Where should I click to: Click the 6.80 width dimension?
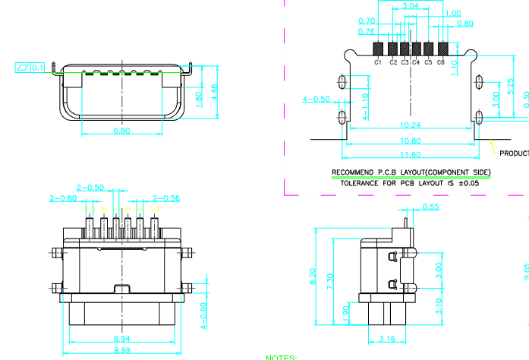click(x=121, y=131)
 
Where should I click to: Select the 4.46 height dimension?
click(x=214, y=93)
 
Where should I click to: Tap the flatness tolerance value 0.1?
click(x=38, y=68)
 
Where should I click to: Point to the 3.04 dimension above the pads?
click(x=410, y=6)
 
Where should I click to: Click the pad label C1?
click(x=377, y=62)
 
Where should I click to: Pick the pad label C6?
click(x=440, y=62)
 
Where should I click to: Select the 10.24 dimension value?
click(x=410, y=125)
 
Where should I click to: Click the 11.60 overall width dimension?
click(x=410, y=155)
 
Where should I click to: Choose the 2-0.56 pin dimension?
click(x=166, y=198)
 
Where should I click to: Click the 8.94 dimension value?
click(x=121, y=337)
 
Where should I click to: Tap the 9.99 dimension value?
click(x=121, y=351)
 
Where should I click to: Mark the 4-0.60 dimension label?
click(x=204, y=315)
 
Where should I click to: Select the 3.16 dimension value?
click(x=386, y=339)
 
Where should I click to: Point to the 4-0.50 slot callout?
click(x=316, y=99)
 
